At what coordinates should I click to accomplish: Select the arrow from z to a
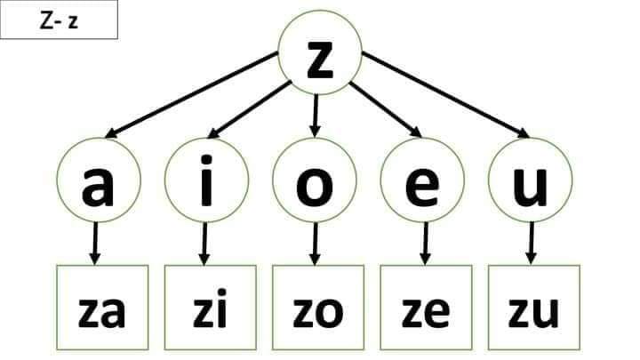(x=191, y=95)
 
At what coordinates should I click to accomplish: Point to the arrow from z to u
(x=445, y=95)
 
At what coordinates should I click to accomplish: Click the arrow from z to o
(x=315, y=116)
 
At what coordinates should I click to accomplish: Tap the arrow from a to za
(x=95, y=244)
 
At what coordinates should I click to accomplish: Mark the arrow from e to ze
(x=425, y=244)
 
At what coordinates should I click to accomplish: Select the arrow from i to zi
(x=204, y=244)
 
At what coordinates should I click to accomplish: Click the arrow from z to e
(x=386, y=109)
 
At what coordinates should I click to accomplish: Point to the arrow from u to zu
(x=531, y=244)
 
